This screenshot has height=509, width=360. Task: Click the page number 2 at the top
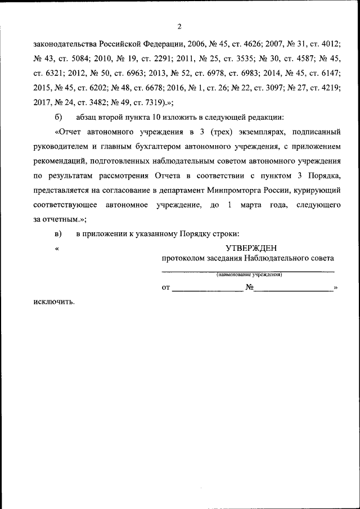(179, 26)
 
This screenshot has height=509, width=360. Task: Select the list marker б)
(58, 117)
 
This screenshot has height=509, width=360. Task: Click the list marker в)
(58, 233)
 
